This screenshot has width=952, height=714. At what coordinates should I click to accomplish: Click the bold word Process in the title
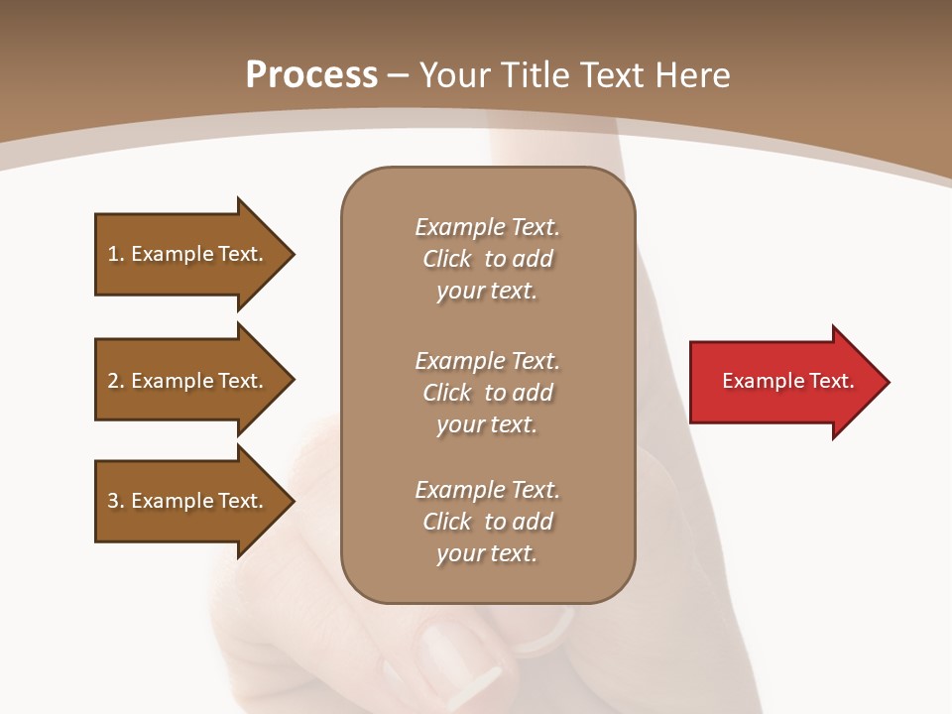pos(311,75)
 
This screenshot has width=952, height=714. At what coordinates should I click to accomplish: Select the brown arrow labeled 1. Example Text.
pos(188,254)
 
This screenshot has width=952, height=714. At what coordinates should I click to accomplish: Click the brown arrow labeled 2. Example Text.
pos(188,381)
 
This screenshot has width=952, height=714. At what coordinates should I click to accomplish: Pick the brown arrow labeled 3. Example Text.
pos(188,501)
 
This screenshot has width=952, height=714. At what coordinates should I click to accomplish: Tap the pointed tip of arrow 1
pos(292,254)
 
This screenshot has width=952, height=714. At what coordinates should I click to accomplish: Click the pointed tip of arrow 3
pos(292,501)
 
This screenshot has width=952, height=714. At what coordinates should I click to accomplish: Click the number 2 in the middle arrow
pos(113,381)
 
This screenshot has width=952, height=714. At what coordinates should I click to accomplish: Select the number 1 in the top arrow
pos(113,254)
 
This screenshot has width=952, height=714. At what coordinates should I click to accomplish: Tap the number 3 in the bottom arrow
pos(113,501)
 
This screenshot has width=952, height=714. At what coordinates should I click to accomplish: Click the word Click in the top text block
pos(447,259)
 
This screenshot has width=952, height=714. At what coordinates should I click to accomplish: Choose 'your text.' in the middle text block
pos(487,424)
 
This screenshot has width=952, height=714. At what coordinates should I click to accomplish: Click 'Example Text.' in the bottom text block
pos(487,490)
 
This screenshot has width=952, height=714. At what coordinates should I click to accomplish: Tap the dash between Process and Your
pos(399,75)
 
